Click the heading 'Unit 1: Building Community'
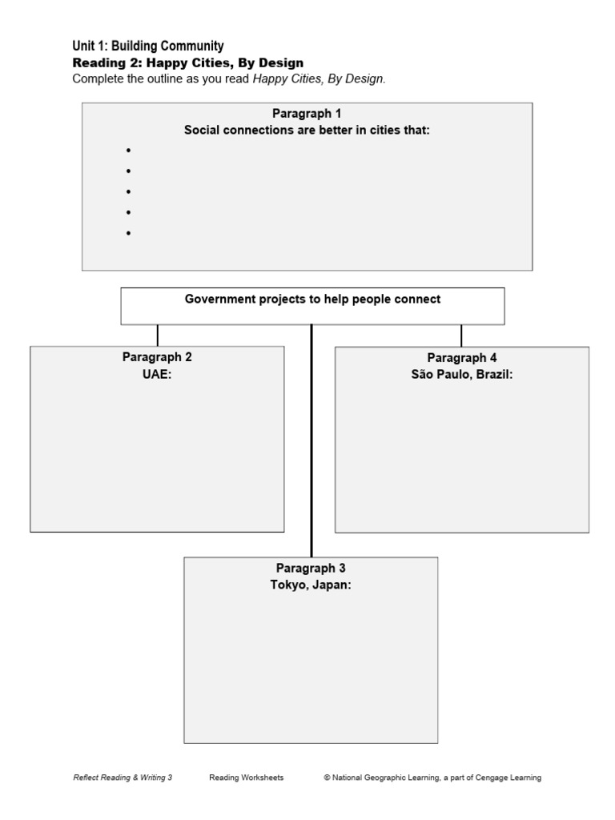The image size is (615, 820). coord(148,46)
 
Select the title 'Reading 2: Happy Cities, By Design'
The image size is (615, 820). coord(188,62)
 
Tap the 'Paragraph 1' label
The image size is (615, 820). coord(307,114)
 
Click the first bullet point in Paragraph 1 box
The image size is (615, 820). coord(127,151)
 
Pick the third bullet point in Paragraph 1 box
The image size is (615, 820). coord(127,192)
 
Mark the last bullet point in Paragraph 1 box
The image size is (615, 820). coord(127,233)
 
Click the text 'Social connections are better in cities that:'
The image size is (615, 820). coord(307,130)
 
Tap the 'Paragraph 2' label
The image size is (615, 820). coord(157,357)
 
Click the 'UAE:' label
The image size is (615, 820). coord(157,373)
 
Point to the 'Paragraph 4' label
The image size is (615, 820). coord(462,358)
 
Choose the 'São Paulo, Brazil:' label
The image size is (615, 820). coord(462,374)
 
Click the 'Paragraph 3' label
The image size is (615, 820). coord(311,569)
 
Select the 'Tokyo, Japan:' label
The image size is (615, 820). coord(311,585)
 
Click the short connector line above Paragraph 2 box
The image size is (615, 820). coord(158,335)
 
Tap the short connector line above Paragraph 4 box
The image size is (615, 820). coord(461,335)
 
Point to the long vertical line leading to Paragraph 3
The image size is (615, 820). coord(312,440)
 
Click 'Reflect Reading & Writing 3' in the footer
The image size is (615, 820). coord(123,778)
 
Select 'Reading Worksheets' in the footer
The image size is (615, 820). coord(247,778)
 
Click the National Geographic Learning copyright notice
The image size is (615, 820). coord(432,778)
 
